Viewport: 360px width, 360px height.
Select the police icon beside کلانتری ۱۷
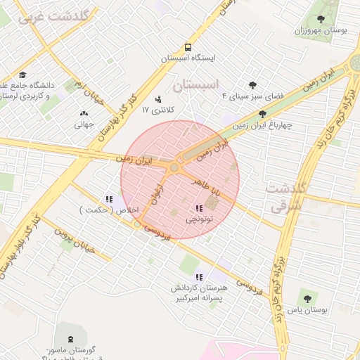(x=158, y=99)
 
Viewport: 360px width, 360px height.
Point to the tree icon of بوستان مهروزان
(x=321, y=20)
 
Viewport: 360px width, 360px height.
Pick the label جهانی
(x=84, y=124)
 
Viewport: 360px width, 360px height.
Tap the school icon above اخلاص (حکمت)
(x=109, y=199)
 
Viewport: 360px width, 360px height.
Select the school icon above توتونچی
(x=199, y=208)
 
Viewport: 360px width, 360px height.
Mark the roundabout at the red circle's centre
(x=174, y=167)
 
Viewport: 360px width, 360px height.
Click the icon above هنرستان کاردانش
(x=200, y=277)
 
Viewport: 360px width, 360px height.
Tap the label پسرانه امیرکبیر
(x=201, y=298)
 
